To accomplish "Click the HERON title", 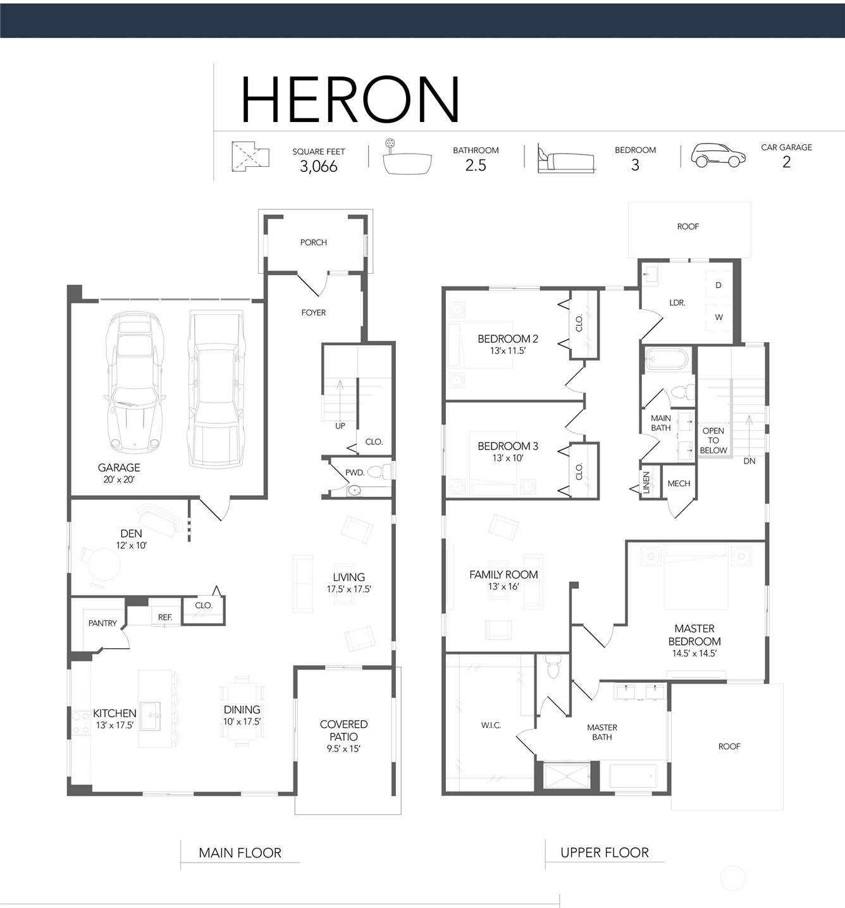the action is point(350,99).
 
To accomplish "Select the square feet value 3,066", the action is point(318,166).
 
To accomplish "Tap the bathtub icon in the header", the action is point(407,157).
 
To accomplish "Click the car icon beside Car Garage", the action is point(718,156).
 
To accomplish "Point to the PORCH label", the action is point(313,242).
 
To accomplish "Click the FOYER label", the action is point(313,313).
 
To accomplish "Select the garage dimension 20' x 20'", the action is point(119,479).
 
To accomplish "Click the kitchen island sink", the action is point(150,716).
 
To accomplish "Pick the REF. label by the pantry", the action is point(165,617).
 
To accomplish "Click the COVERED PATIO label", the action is point(343,730).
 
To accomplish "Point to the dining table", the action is point(242,711).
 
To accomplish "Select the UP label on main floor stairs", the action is point(340,426).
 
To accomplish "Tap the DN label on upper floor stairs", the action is point(749,461).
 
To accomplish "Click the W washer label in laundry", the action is point(719,317).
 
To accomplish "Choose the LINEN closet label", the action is point(646,482).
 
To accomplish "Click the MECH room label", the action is point(679,484).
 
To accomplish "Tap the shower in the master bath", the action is point(566,776).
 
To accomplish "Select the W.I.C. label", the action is point(491,725).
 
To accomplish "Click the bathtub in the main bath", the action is point(667,359).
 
